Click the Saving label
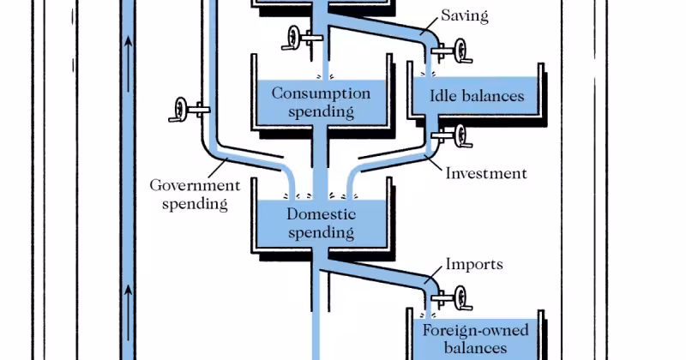click(x=465, y=16)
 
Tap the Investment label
click(x=486, y=173)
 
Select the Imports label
click(x=473, y=264)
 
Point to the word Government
click(x=196, y=184)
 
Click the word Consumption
click(x=321, y=93)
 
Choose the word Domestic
click(x=321, y=213)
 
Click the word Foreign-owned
click(x=475, y=331)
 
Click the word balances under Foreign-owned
click(x=475, y=348)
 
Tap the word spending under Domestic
click(x=321, y=231)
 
